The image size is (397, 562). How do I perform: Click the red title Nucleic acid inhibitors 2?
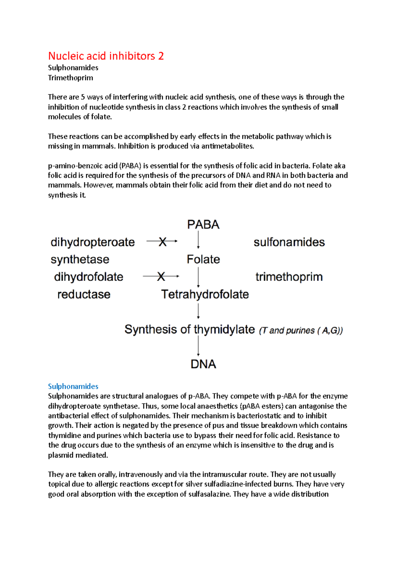(x=106, y=56)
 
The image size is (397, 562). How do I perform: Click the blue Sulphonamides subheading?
(x=73, y=386)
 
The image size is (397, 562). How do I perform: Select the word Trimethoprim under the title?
(x=70, y=78)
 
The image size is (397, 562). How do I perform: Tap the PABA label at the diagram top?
(x=203, y=225)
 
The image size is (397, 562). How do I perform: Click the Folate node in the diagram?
(x=203, y=259)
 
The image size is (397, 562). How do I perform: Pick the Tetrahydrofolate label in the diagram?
(x=205, y=294)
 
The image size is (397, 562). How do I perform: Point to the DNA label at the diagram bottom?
(x=203, y=364)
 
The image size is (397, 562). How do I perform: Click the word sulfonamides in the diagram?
(x=289, y=242)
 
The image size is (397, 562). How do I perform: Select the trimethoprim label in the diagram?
(x=289, y=277)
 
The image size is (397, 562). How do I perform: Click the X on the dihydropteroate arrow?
(x=162, y=242)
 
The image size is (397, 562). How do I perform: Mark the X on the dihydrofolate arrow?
(x=161, y=276)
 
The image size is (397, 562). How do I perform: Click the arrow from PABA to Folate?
(x=198, y=240)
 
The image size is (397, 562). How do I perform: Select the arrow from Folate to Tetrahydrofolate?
(x=198, y=277)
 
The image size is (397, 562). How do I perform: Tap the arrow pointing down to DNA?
(x=198, y=346)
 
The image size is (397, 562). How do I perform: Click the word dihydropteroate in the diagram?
(x=93, y=242)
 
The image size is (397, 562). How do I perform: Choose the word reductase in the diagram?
(x=84, y=294)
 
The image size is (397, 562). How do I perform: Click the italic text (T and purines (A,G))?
(x=301, y=330)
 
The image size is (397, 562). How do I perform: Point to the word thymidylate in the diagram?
(x=224, y=329)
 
